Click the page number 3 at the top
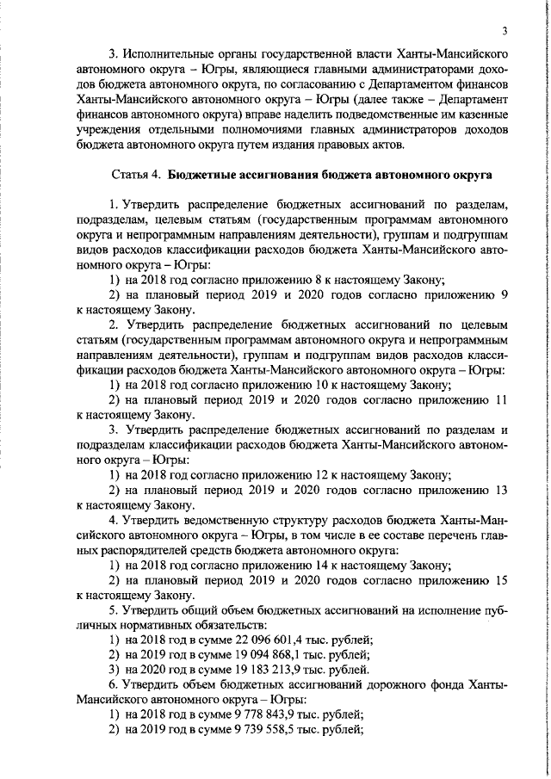click(506, 34)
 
